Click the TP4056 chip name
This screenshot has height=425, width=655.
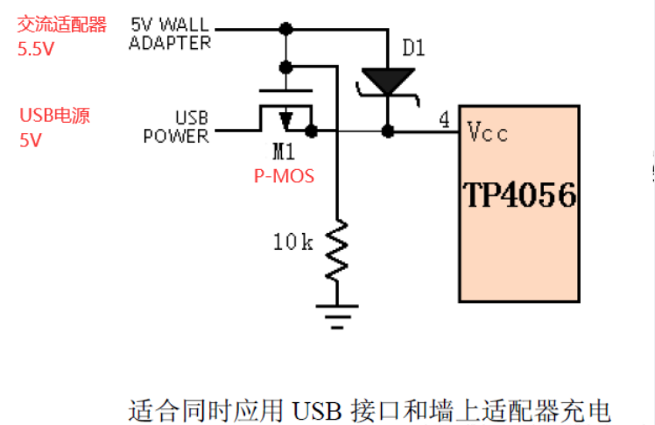[519, 195]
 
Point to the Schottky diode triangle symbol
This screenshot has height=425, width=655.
[386, 82]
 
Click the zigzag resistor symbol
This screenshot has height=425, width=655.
[337, 251]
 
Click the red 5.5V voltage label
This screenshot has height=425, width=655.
[36, 50]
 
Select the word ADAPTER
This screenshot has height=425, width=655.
[169, 42]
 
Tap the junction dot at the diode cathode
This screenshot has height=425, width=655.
[386, 131]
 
